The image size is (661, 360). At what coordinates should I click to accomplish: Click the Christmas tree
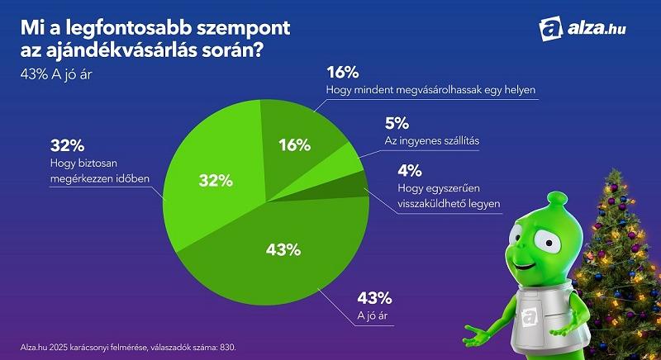pos(623,248)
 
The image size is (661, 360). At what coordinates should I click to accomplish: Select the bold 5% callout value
pos(397,124)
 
